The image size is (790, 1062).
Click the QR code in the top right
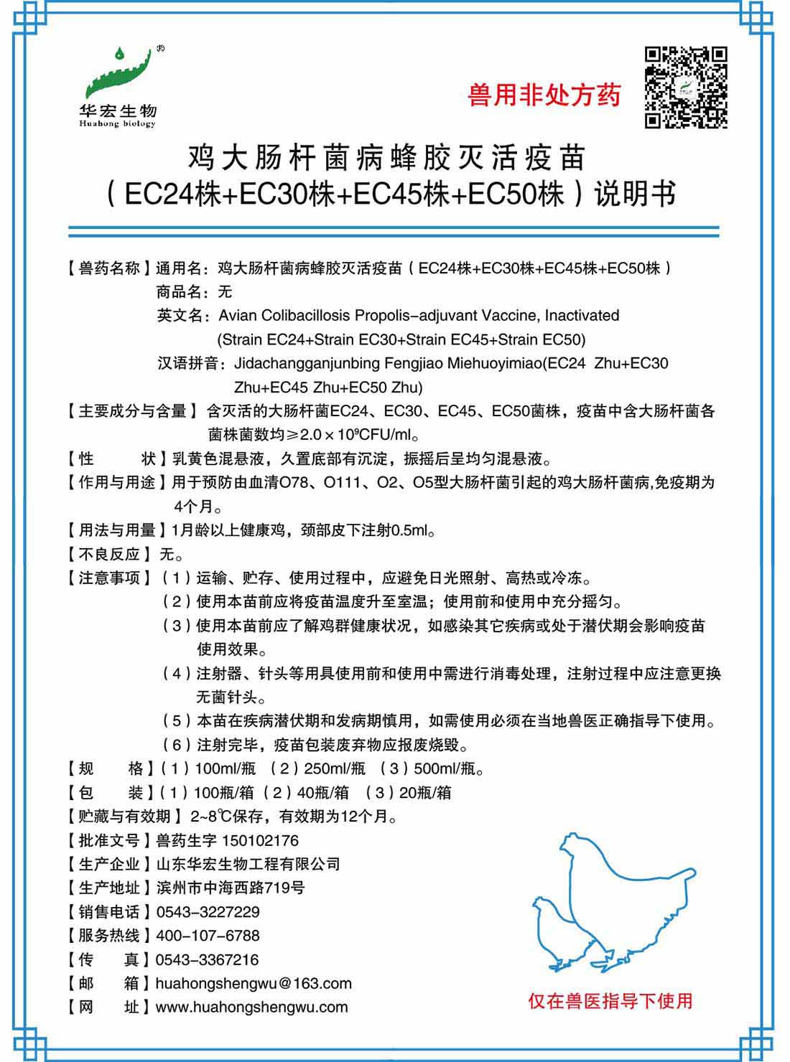[x=686, y=87]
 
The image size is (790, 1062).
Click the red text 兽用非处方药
[x=544, y=95]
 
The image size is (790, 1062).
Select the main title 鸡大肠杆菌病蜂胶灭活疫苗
[x=387, y=157]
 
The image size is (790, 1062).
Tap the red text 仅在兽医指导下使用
[x=610, y=1000]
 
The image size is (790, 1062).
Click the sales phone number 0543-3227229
[x=208, y=912]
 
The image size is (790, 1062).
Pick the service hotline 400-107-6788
[x=208, y=936]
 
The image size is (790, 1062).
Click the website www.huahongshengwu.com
[x=251, y=1007]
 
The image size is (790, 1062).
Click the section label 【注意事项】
[x=108, y=578]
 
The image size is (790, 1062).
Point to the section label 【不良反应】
[x=108, y=554]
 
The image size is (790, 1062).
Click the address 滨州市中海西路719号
[x=230, y=888]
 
